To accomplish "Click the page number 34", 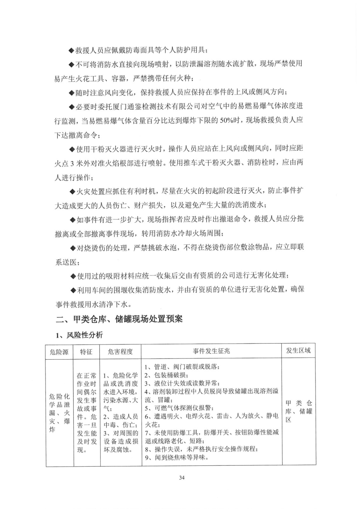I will (182, 477).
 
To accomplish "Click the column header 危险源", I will (59, 352).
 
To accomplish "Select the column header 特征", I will (86, 352).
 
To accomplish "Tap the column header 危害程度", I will (120, 352).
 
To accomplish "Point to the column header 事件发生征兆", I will (211, 351).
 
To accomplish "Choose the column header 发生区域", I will (298, 351).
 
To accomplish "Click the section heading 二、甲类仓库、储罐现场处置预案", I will (120, 319).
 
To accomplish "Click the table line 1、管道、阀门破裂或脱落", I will (182, 367).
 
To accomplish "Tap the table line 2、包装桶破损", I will (165, 375).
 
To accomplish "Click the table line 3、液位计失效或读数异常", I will (182, 383).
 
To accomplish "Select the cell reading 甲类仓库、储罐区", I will (298, 411).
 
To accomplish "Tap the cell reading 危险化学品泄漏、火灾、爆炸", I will (59, 413).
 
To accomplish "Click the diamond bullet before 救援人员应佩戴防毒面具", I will (71, 51).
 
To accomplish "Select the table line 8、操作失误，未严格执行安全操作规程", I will (201, 449).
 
